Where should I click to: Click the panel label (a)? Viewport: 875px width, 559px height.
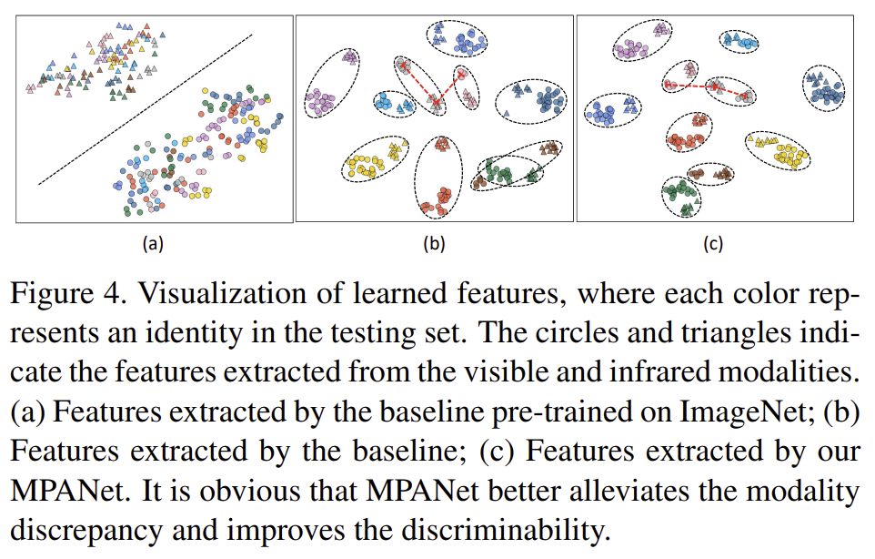coord(153,243)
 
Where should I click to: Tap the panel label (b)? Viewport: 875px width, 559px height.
coord(434,243)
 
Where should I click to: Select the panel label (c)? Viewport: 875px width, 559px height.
coord(713,243)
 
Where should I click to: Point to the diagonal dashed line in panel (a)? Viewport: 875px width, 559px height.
coord(146,109)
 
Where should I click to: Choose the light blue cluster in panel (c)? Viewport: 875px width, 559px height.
coord(739,41)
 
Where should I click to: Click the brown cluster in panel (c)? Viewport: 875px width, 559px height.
coord(710,174)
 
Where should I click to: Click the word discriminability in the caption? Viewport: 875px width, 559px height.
coord(503,530)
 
